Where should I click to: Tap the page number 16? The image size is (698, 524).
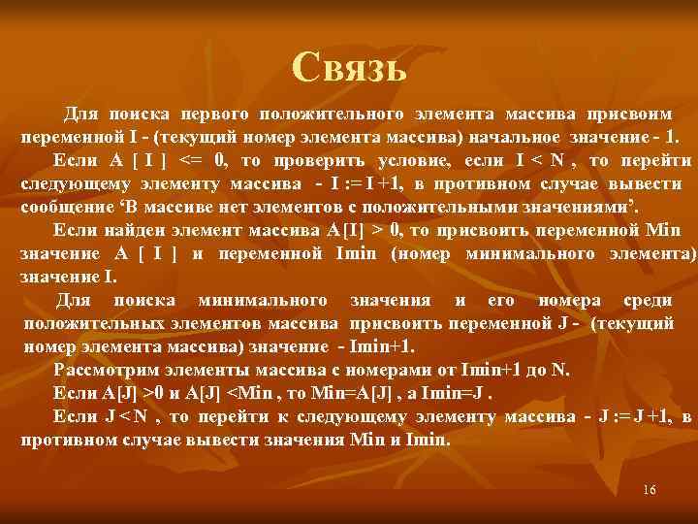[x=650, y=490]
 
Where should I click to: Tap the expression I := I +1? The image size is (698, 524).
[x=373, y=183]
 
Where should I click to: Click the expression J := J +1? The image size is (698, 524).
[x=630, y=416]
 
